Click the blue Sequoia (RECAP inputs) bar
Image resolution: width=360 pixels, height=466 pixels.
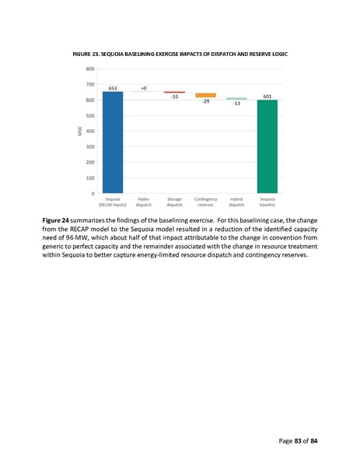pos(112,142)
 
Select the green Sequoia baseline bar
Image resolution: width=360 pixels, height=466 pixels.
pos(267,146)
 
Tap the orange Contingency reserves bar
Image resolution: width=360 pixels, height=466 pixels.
pos(205,95)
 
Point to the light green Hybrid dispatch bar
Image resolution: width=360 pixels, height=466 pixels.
pos(236,99)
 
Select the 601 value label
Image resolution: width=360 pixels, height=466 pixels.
pos(267,96)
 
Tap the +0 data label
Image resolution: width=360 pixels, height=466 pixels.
pos(143,88)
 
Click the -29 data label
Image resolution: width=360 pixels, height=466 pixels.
pos(205,102)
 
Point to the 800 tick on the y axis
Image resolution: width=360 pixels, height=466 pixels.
pos(90,68)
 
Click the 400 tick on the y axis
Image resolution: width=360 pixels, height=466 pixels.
pos(90,131)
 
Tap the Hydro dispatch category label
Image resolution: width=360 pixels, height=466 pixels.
pos(143,202)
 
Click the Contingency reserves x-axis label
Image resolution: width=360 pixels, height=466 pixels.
pos(205,202)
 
